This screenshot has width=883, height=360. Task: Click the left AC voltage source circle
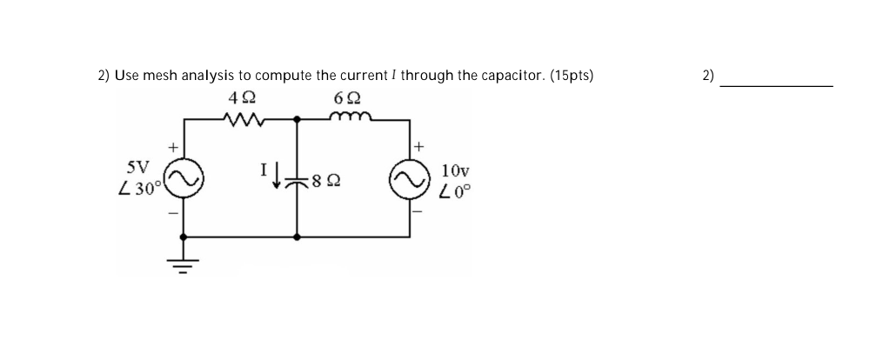184,179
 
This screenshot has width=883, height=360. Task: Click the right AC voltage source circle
411,179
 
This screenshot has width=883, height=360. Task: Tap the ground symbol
184,262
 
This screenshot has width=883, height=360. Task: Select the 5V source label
138,165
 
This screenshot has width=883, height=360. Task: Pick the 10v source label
455,170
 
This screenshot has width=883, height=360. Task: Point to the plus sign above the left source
172,149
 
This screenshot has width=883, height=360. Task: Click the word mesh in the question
158,76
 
